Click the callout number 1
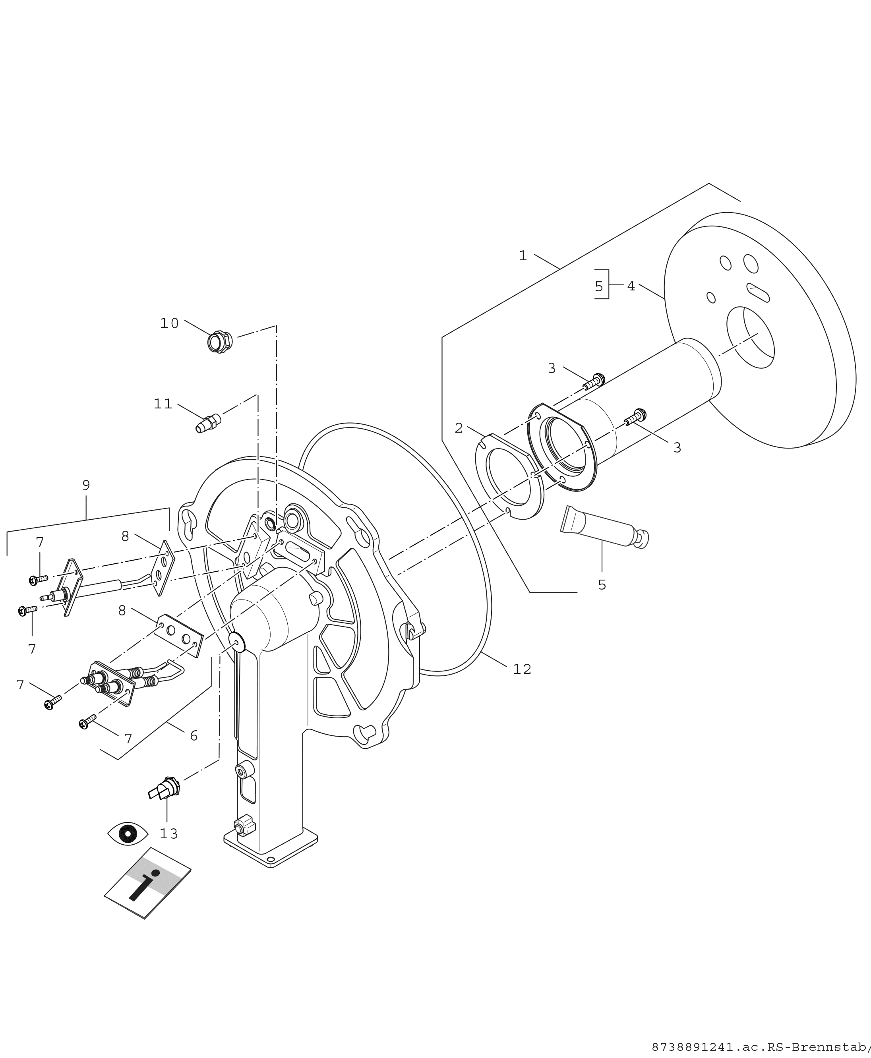(523, 256)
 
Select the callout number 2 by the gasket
(459, 428)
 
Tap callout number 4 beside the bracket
(631, 286)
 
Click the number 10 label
(169, 323)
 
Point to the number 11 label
(163, 404)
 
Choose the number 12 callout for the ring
(522, 669)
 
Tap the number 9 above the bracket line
(86, 485)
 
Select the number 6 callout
(194, 736)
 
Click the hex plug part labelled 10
(219, 342)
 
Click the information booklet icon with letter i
(147, 884)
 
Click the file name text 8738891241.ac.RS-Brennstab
(760, 1047)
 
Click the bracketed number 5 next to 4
(598, 286)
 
